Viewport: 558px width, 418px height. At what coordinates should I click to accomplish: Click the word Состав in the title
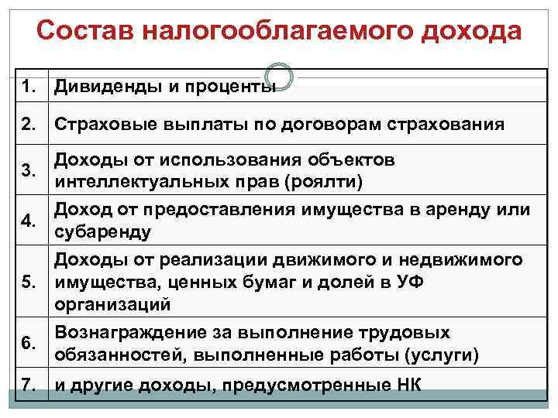coord(87,32)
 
